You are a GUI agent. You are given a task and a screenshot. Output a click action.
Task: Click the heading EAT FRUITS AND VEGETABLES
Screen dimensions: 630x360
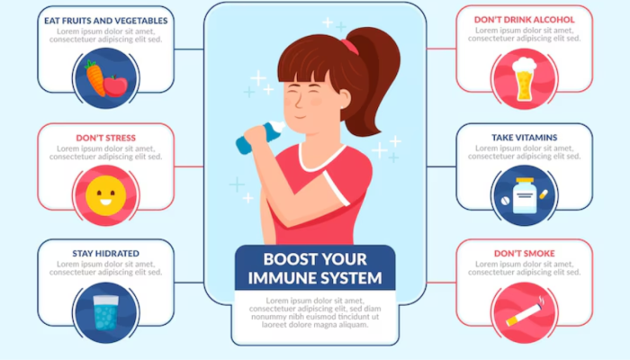click(105, 21)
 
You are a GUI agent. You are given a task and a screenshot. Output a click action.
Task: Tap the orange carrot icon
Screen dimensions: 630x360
click(94, 78)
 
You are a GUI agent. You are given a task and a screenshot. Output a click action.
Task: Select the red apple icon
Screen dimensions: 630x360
click(116, 85)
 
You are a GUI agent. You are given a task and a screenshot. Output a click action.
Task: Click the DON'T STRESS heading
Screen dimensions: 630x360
click(105, 138)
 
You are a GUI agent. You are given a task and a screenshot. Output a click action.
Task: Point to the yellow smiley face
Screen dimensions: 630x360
click(105, 195)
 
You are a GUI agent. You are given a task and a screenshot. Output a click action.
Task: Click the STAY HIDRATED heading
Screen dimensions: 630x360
click(105, 254)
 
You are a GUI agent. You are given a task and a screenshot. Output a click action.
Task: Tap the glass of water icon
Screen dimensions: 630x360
click(106, 312)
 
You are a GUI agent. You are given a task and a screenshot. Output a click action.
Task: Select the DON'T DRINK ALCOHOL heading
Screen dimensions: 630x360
click(525, 20)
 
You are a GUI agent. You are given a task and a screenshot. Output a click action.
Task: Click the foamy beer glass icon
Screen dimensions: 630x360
click(525, 79)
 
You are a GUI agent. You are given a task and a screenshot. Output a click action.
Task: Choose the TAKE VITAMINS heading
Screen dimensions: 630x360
click(525, 138)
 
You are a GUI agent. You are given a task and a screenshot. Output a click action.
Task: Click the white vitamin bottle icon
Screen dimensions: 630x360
click(525, 195)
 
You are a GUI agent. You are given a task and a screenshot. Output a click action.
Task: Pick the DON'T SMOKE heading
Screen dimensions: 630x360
click(525, 254)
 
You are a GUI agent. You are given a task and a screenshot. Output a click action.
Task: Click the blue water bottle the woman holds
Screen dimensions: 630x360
click(260, 137)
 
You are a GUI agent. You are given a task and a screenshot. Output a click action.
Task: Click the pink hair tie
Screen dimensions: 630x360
click(349, 46)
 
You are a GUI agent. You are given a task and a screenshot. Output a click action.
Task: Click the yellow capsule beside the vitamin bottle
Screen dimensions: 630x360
click(544, 194)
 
